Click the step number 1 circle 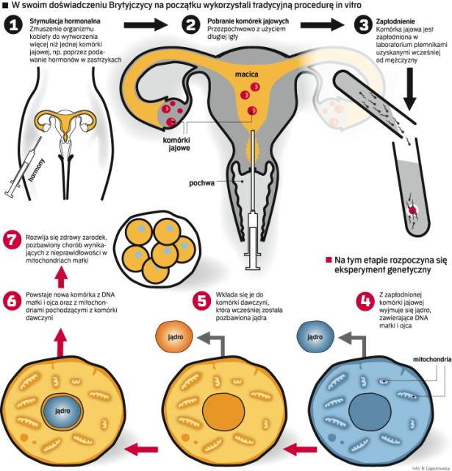12,26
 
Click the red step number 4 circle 362,300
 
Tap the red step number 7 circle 12,240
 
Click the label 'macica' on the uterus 247,75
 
